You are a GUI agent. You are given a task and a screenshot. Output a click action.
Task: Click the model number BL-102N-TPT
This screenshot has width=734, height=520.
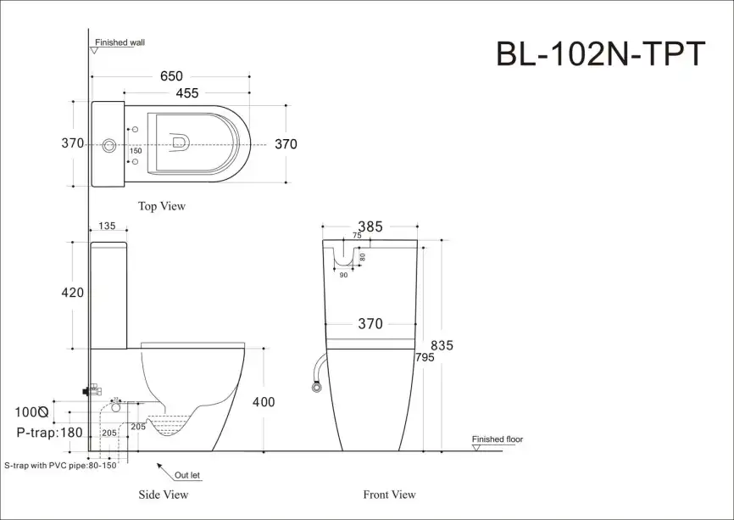[600, 53]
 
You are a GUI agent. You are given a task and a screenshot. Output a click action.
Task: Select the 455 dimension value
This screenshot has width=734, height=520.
[186, 93]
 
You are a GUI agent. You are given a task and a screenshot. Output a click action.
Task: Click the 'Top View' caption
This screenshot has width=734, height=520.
[162, 206]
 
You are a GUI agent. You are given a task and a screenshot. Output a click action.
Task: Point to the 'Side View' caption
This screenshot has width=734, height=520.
[163, 495]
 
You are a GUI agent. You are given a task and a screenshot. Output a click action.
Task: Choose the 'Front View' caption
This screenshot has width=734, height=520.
[389, 495]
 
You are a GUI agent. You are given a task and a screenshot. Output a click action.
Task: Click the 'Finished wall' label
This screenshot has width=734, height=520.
[120, 42]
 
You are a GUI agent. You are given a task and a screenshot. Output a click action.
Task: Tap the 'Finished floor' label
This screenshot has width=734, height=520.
[498, 439]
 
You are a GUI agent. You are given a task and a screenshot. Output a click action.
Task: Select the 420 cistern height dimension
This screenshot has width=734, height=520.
[72, 293]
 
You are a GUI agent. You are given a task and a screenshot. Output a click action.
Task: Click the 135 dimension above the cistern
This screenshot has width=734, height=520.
[108, 226]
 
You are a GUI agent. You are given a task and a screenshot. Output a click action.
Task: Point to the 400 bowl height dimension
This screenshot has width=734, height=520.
[264, 402]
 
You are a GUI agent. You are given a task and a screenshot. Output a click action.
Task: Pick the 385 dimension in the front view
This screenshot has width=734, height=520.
[370, 226]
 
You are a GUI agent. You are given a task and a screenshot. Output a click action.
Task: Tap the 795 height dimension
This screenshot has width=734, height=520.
[425, 357]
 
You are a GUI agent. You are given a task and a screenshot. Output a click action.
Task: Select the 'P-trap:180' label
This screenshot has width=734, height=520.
[50, 433]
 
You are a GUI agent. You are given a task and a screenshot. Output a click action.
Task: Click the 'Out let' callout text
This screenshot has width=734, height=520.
[187, 476]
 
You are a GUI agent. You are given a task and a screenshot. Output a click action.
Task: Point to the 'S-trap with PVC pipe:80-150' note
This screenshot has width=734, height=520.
[60, 466]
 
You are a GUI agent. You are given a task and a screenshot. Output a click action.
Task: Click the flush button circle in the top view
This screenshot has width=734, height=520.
[108, 145]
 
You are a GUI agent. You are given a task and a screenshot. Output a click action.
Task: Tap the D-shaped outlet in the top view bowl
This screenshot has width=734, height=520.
[179, 142]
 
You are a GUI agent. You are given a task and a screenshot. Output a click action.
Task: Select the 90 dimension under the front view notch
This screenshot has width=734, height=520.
[343, 275]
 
